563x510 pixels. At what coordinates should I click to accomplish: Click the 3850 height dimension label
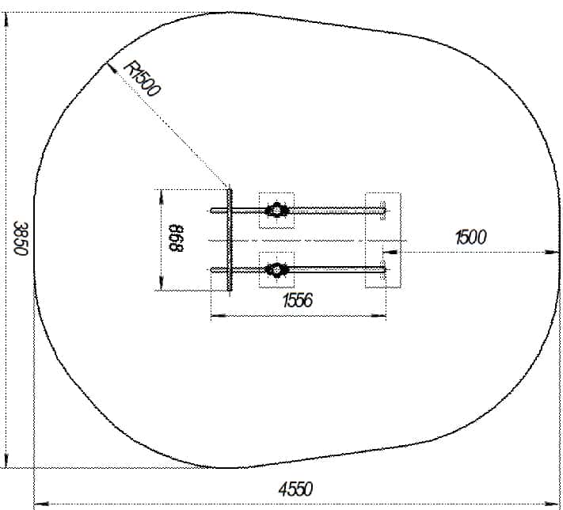[21, 238]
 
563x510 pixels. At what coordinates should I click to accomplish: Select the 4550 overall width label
[295, 489]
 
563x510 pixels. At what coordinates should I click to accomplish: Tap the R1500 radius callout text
[142, 79]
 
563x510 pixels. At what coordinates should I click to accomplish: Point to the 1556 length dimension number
[298, 300]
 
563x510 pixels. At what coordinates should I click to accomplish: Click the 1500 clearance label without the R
[470, 238]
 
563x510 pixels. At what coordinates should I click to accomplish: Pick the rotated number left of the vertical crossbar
[176, 238]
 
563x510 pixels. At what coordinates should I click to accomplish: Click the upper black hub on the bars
[276, 210]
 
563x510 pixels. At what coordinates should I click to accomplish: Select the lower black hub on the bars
[276, 270]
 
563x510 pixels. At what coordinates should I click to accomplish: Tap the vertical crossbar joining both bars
[230, 240]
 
